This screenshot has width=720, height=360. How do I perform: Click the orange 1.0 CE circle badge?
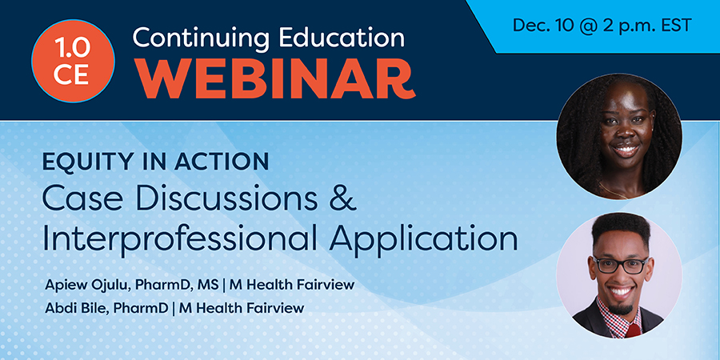click(73, 61)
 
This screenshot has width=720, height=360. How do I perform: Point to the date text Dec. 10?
click(543, 26)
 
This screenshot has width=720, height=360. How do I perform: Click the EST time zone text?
click(674, 26)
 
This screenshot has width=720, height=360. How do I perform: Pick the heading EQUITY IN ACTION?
click(155, 162)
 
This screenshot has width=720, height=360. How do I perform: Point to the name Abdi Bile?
click(77, 308)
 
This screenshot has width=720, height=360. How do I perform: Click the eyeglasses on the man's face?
click(620, 265)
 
